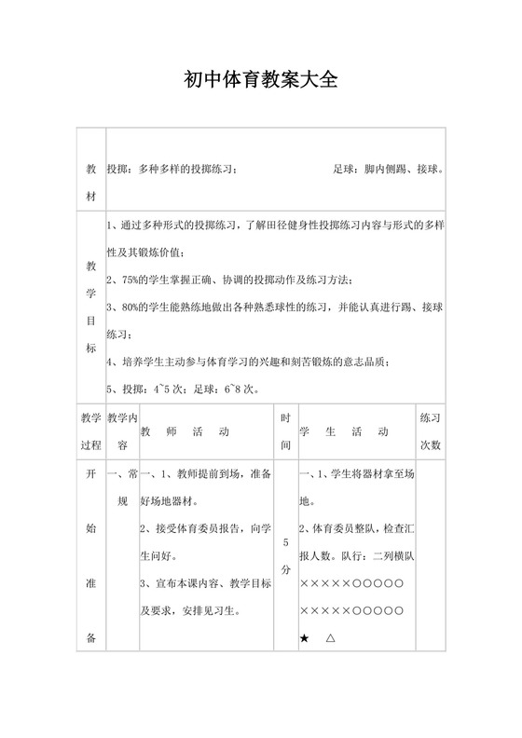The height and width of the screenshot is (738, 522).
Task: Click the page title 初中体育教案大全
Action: click(260, 80)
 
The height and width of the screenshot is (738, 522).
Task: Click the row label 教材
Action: click(91, 184)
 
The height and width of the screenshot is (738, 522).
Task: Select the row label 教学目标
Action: click(91, 307)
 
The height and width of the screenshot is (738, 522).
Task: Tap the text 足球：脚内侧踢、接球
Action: click(387, 170)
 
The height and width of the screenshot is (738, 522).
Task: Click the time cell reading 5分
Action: click(285, 555)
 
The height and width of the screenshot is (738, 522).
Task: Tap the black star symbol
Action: click(305, 638)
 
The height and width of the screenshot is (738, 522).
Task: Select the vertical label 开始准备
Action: click(91, 555)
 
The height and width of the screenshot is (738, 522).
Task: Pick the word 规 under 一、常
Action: click(122, 501)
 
